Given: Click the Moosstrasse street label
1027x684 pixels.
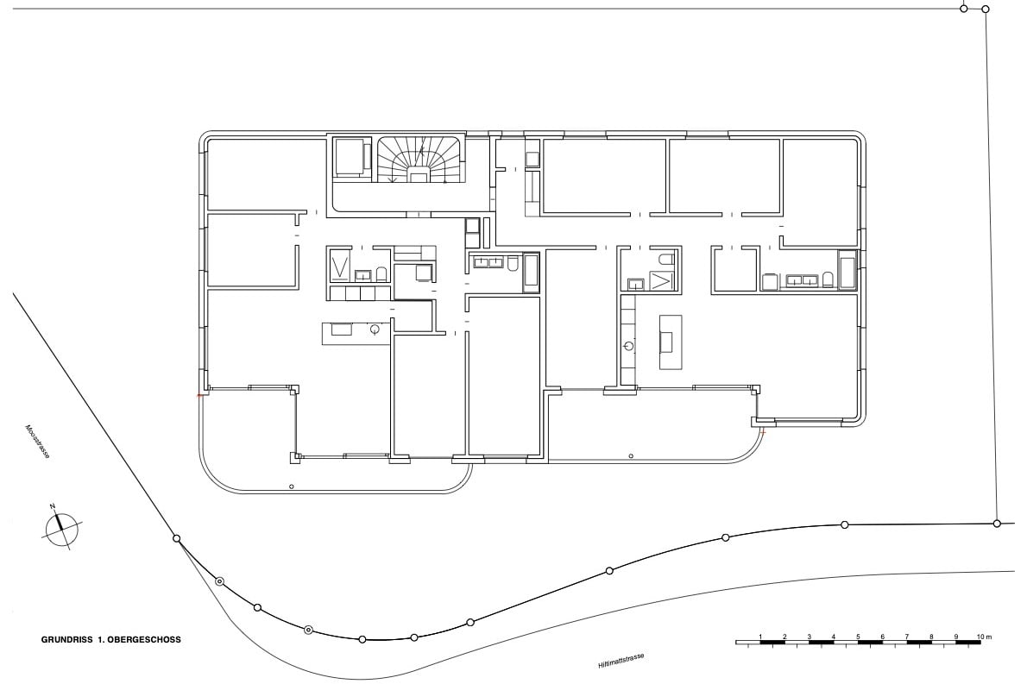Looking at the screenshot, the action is (x=36, y=442).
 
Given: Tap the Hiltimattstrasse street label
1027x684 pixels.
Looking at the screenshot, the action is (x=621, y=661).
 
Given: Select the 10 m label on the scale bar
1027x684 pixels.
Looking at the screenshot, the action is (x=985, y=637).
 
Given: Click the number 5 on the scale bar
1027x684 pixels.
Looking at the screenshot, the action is (x=858, y=637).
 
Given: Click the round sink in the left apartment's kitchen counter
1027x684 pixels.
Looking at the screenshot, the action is (x=375, y=329).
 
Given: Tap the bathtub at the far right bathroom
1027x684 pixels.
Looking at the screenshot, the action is (x=847, y=269).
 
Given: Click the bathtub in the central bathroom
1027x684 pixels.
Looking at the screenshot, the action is (x=531, y=273).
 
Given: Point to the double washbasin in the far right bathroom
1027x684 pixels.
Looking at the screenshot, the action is (x=803, y=280).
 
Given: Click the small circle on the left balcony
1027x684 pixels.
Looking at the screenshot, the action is (x=292, y=486).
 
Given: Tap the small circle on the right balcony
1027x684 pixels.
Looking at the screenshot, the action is (x=631, y=455).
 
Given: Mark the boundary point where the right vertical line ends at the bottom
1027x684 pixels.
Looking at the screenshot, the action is (x=997, y=523).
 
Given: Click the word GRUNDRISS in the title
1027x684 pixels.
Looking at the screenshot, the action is (x=66, y=639).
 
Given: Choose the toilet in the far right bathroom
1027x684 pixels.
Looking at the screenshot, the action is (x=828, y=280).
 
